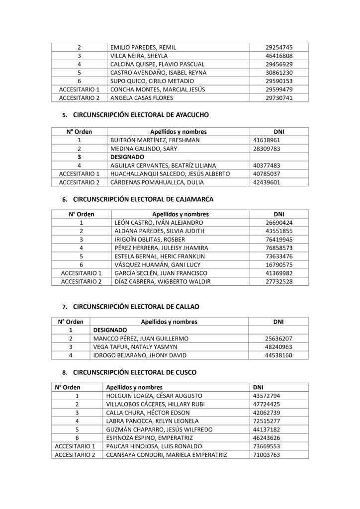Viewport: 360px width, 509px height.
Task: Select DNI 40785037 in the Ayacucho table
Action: click(x=269, y=173)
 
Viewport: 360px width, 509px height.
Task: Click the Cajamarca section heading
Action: click(x=143, y=199)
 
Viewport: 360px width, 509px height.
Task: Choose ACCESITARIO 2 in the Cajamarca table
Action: click(x=81, y=282)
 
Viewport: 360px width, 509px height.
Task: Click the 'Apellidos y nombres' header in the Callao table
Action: click(x=169, y=322)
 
